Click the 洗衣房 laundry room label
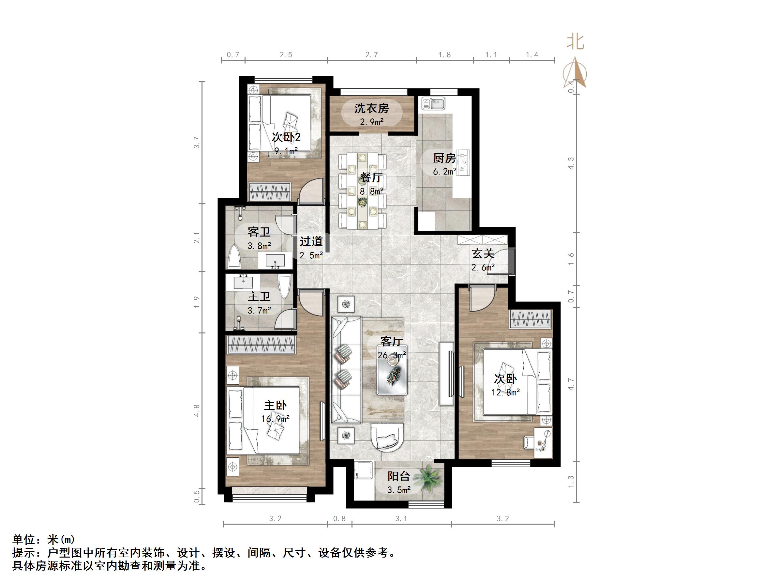(371, 108)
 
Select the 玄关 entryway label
(483, 254)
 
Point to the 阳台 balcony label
(399, 477)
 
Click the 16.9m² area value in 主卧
(276, 419)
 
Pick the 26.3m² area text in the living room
(392, 355)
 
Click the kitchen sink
(434, 103)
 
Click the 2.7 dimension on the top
(371, 54)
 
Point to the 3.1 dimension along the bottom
(401, 518)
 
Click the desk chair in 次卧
(529, 442)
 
